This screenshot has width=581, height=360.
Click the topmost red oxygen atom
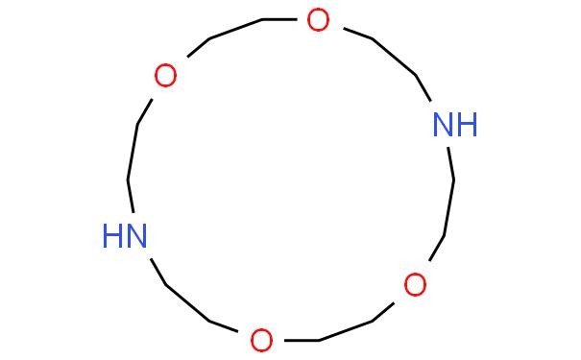[x=318, y=20]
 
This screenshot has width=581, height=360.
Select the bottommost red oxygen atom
[x=261, y=340]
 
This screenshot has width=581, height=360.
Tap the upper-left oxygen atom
[x=165, y=75]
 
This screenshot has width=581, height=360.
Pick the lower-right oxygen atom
[x=415, y=284]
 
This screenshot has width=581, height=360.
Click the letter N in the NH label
[x=443, y=125]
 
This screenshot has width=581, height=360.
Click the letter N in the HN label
[x=136, y=235]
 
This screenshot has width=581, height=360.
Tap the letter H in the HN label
[x=112, y=235]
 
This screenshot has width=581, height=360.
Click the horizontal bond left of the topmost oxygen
[x=279, y=19]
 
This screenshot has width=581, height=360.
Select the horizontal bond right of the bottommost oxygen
[x=302, y=340]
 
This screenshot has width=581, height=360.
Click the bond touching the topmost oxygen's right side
[x=357, y=34]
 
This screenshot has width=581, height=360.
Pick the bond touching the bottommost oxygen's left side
[x=224, y=326]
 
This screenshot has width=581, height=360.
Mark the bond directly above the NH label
[x=424, y=88]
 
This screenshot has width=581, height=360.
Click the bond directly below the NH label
[x=451, y=164]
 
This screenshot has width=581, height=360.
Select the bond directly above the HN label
[x=131, y=196]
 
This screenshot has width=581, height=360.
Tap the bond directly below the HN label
[x=158, y=273]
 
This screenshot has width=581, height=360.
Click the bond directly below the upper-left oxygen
[x=144, y=112]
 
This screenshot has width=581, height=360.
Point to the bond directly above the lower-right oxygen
[x=437, y=248]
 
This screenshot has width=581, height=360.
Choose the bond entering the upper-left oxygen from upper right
[x=199, y=47]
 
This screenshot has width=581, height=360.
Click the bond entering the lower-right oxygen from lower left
[x=383, y=312]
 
